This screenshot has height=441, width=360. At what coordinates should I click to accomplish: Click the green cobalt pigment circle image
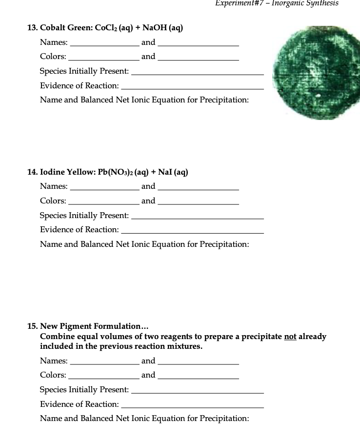click(306, 73)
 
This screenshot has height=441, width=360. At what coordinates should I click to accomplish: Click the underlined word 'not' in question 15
click(290, 337)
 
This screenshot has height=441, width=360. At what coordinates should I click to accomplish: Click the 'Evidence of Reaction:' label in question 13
click(79, 85)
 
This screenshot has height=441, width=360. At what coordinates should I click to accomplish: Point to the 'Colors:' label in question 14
click(53, 201)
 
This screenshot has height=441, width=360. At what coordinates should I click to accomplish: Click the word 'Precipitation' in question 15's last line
click(224, 418)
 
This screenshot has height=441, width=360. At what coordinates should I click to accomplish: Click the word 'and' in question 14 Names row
click(148, 186)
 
